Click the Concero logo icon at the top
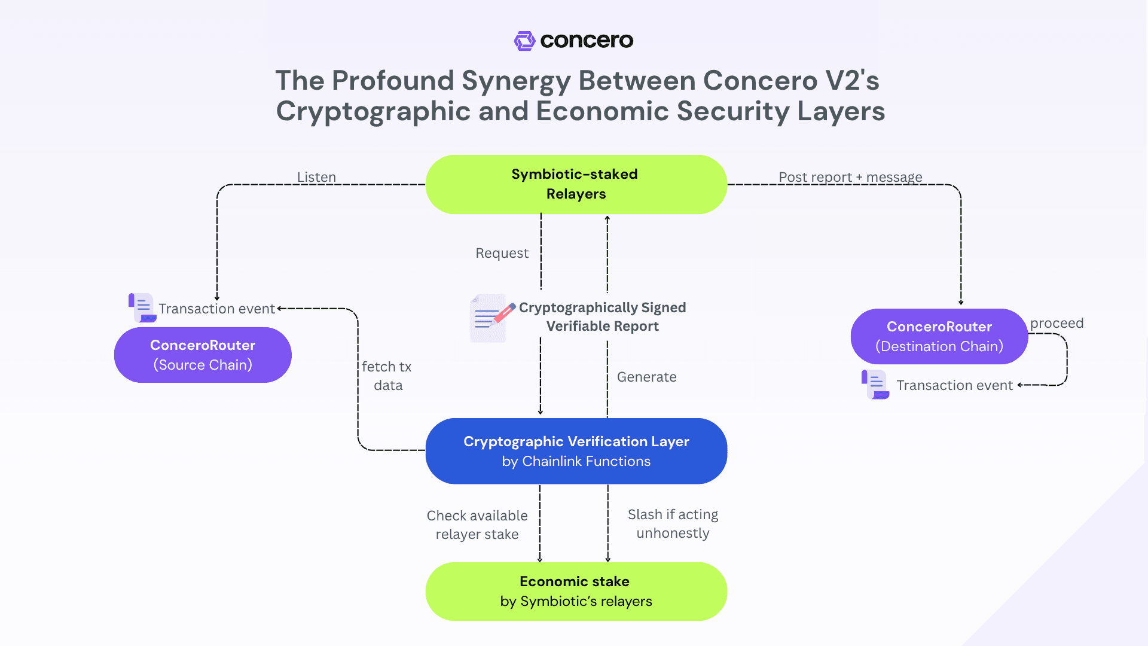(524, 41)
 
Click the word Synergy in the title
(515, 81)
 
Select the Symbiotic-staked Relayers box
(576, 184)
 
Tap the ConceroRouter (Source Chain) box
(203, 355)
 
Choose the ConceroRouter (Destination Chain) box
(939, 336)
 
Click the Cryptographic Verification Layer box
(576, 451)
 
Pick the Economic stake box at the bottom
(576, 591)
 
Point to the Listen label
(316, 177)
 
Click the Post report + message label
(850, 177)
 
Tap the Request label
(502, 253)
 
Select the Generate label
(646, 377)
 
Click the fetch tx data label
(387, 376)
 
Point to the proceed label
(1056, 323)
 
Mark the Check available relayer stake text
(477, 525)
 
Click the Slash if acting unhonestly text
(673, 523)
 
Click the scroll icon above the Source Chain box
(142, 307)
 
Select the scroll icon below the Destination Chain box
(875, 384)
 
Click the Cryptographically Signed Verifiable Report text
(602, 316)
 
